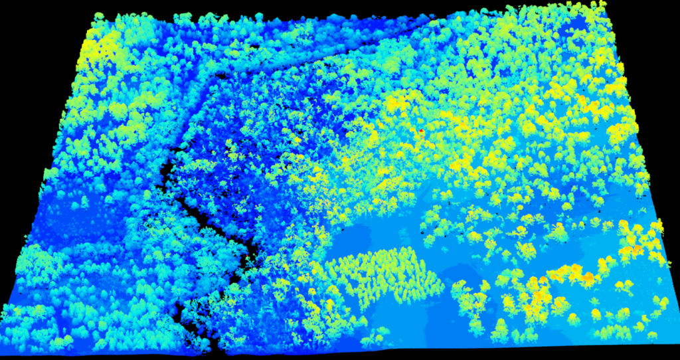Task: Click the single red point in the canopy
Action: [x=421, y=131]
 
